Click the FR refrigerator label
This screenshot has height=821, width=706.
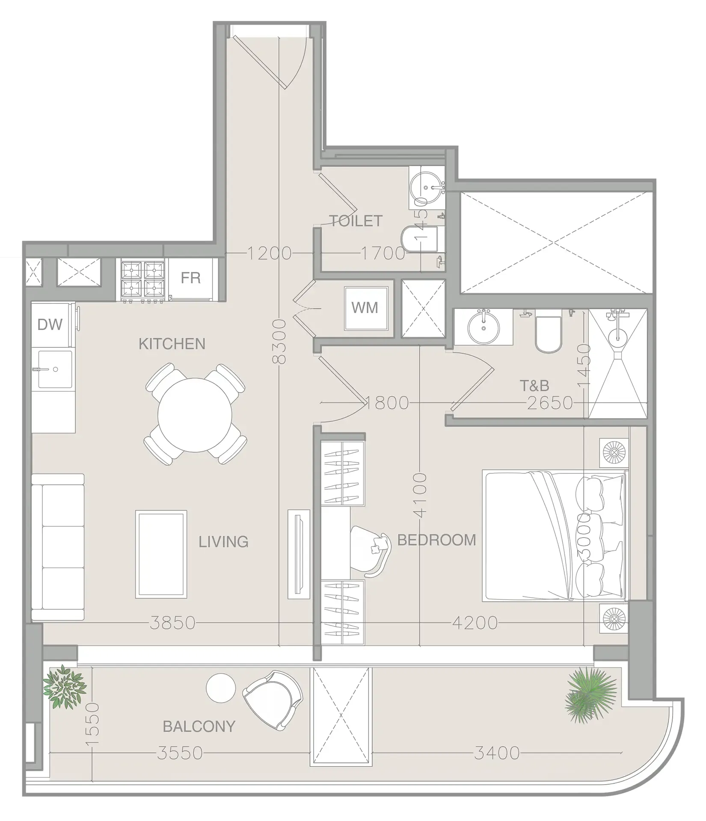[x=190, y=278]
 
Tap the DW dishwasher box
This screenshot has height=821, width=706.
[x=50, y=325]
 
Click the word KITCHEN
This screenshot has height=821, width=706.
[x=172, y=344]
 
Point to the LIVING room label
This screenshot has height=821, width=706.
[x=223, y=542]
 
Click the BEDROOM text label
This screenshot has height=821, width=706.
[x=436, y=540]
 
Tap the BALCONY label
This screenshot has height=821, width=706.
[x=199, y=726]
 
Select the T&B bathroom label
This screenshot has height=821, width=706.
[x=534, y=386]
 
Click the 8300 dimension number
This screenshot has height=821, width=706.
[x=279, y=342]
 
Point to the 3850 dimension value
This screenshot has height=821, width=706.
[x=172, y=623]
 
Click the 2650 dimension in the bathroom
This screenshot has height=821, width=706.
[x=549, y=403]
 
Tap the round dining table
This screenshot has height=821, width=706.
[x=195, y=414]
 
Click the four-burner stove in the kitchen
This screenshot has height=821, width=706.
[x=142, y=279]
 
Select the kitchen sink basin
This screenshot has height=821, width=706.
[x=55, y=369]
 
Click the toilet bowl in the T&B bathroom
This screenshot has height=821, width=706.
[x=548, y=336]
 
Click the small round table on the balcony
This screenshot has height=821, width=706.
[x=221, y=688]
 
